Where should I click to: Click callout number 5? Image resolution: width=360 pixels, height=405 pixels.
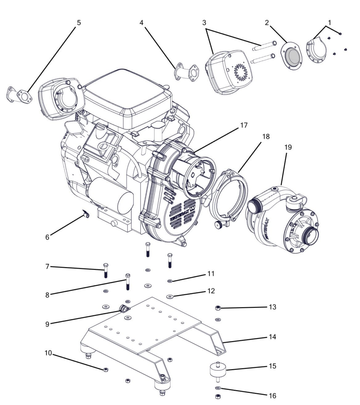pyautogui.click(x=79, y=23)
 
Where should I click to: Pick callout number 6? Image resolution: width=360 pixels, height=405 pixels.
pyautogui.click(x=47, y=236)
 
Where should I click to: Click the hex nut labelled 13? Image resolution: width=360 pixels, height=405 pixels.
pyautogui.click(x=218, y=308)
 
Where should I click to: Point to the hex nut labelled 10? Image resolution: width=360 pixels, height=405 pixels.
pyautogui.click(x=106, y=370)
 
